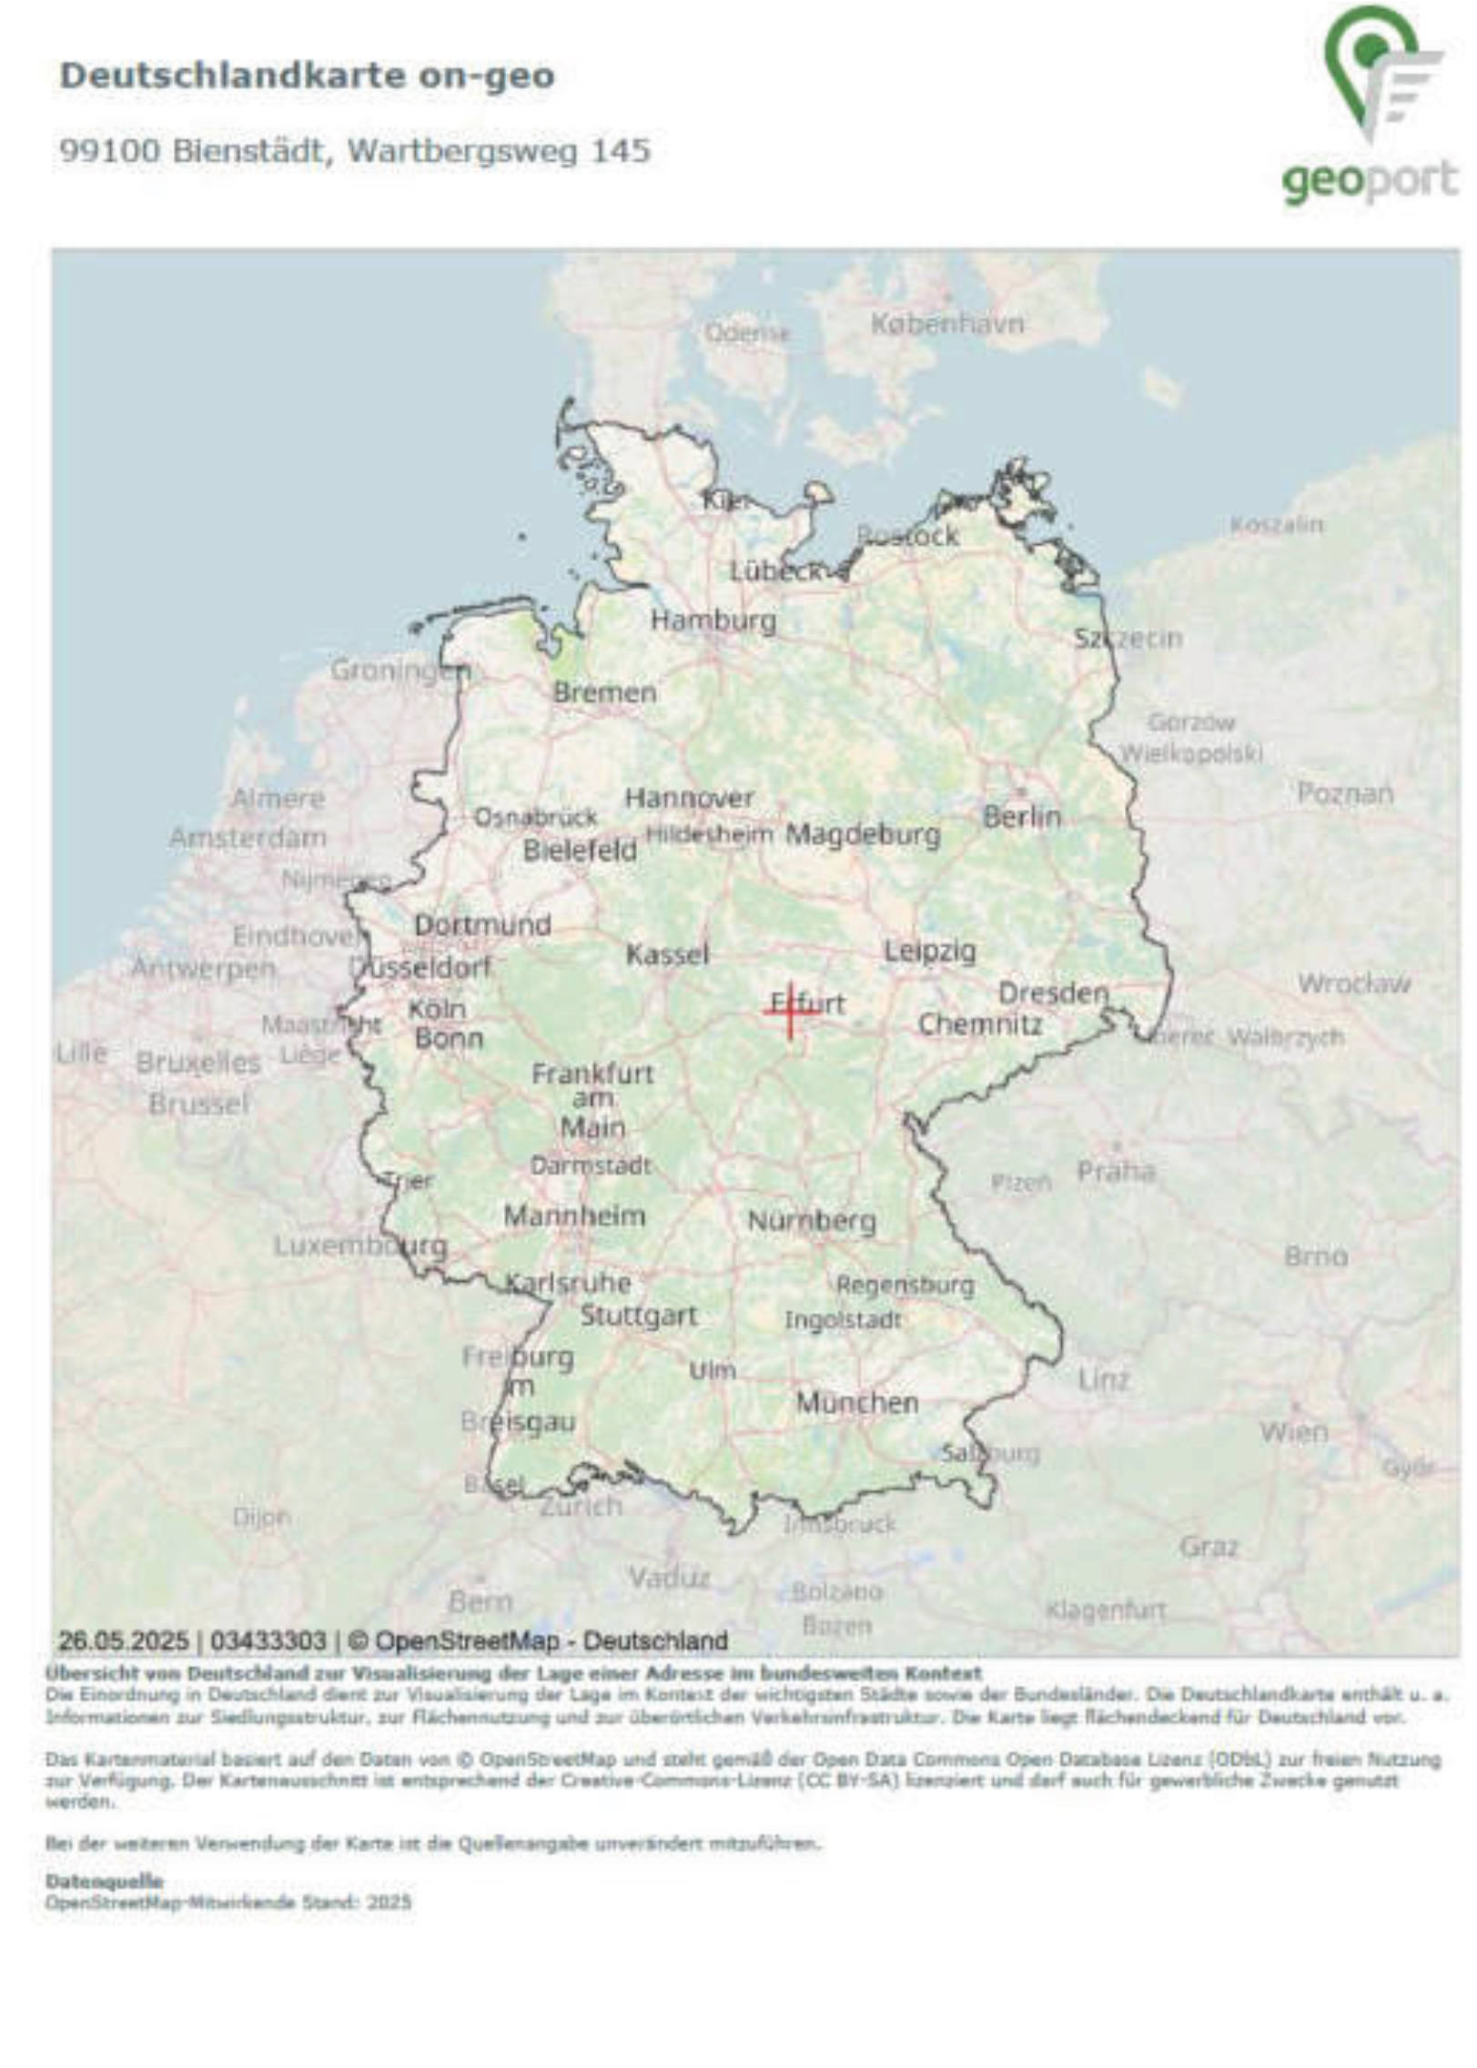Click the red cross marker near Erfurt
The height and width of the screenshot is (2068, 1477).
tap(790, 1011)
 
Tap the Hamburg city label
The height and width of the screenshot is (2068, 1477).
tap(713, 621)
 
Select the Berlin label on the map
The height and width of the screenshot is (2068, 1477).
tap(1022, 817)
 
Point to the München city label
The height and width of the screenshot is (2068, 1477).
tap(857, 1403)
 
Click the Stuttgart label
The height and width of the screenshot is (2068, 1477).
tap(639, 1316)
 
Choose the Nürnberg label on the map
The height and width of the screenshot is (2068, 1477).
tap(812, 1221)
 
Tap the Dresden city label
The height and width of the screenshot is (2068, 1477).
tap(1054, 993)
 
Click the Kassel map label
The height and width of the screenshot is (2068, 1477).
tap(667, 954)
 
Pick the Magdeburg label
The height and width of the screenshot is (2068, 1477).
tap(863, 834)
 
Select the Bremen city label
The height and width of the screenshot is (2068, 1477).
tap(605, 692)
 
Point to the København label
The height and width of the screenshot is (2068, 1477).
tap(947, 324)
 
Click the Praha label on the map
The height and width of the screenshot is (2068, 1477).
tap(1116, 1171)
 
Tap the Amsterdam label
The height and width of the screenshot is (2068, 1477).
tap(248, 837)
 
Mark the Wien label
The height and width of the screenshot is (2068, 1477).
tap(1293, 1433)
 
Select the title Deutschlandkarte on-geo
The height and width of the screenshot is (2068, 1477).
tap(307, 76)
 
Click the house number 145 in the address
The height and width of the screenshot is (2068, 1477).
tap(621, 151)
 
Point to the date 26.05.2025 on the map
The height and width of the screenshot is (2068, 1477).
tap(124, 1640)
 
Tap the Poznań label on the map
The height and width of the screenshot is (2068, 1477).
tap(1344, 794)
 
